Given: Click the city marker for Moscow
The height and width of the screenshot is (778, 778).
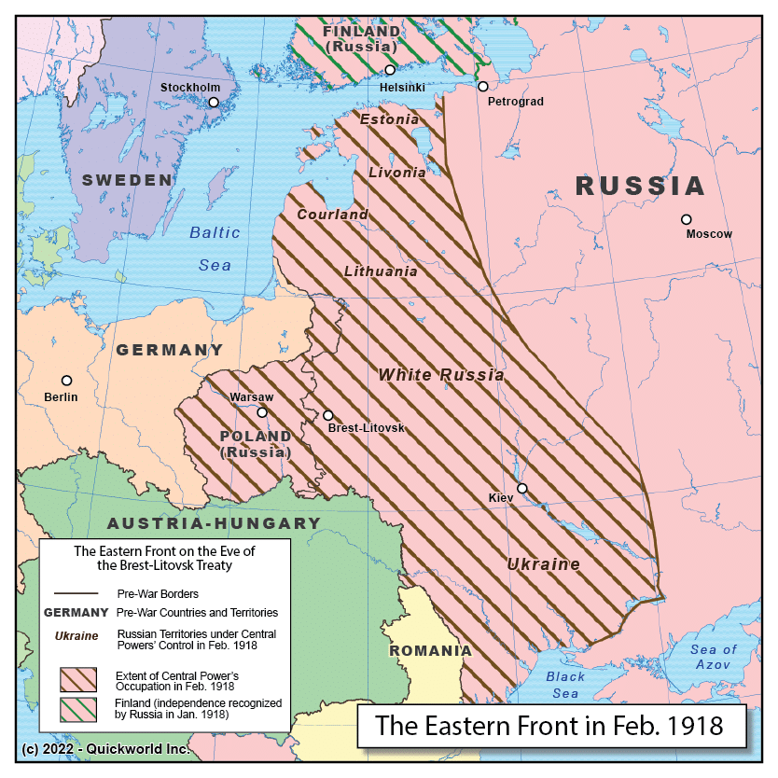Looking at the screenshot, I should tap(687, 219).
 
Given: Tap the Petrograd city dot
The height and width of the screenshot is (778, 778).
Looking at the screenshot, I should tap(482, 87).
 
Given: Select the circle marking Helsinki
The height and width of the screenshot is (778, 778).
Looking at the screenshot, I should tap(390, 70).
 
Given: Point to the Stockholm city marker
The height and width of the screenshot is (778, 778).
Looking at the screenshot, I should tap(214, 103).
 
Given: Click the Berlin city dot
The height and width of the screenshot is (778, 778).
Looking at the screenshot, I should tap(66, 381).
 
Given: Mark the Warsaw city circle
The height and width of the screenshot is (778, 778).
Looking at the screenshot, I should tap(262, 412).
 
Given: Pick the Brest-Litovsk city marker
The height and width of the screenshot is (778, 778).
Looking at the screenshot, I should tap(327, 415).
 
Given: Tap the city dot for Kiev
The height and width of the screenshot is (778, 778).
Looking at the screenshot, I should tap(522, 488).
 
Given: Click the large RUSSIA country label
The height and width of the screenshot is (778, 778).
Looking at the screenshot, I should tap(639, 186).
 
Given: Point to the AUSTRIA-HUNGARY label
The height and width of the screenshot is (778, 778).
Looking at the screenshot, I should tap(214, 523).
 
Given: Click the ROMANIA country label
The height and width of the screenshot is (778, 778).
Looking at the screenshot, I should tap(430, 650).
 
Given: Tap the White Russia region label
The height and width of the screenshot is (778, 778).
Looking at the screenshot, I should tap(440, 375).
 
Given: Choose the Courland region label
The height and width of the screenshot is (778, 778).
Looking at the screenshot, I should tap(332, 215).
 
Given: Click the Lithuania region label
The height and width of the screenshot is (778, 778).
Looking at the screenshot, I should tap(381, 271).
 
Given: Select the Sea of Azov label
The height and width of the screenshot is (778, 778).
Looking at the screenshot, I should tap(714, 656).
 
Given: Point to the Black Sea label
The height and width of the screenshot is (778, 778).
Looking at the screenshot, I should tap(565, 685).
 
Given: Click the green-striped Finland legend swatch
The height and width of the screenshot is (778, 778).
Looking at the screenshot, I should tap(78, 709).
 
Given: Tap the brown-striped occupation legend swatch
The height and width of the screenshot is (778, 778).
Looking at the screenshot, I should tap(78, 679).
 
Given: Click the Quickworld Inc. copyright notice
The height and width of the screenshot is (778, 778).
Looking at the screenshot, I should tap(105, 749).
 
